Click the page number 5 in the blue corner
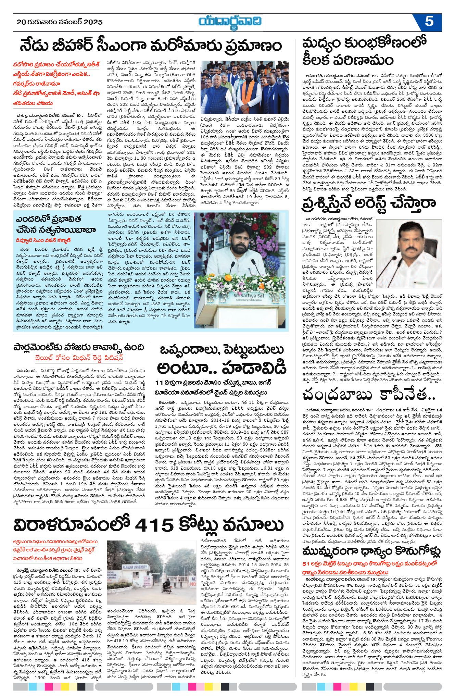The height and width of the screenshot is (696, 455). coord(429,22)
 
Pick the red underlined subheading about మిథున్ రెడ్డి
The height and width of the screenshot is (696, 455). coord(79,358)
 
